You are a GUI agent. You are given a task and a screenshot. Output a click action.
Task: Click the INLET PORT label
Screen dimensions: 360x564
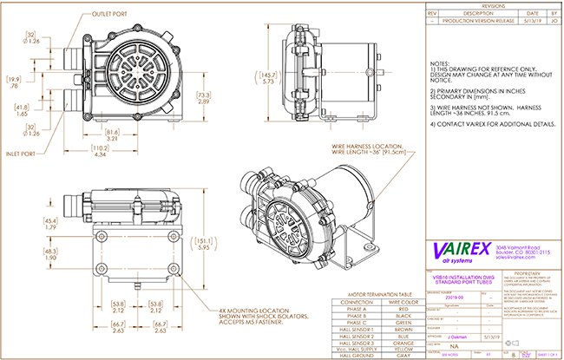tap(23, 155)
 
